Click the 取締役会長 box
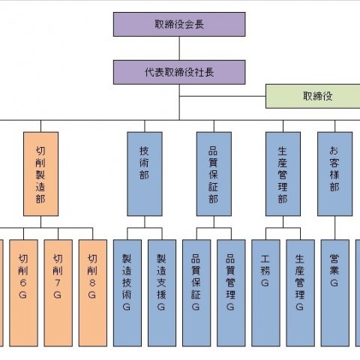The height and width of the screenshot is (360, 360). (179, 24)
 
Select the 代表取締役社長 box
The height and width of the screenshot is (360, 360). (179, 72)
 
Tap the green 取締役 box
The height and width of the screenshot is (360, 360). (313, 96)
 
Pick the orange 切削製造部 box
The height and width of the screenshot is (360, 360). (40, 174)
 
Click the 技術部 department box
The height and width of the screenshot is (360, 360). (145, 174)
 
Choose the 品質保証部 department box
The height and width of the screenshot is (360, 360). (214, 174)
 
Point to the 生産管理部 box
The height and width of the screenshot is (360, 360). (283, 174)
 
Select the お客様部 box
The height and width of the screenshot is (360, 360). (334, 174)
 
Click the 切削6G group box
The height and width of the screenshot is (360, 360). (23, 293)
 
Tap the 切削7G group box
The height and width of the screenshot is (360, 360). (58, 293)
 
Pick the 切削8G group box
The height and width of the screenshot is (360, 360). (93, 293)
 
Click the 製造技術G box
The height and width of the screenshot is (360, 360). (127, 293)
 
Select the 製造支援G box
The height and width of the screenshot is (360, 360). (162, 293)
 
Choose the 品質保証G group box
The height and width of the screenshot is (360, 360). (196, 293)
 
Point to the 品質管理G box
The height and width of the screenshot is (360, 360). (231, 293)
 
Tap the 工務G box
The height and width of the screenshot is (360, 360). (265, 293)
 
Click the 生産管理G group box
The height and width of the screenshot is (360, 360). (300, 293)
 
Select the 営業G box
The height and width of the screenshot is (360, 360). (334, 293)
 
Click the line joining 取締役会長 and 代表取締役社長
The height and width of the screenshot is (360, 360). (179, 48)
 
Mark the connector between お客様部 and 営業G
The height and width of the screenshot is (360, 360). (334, 228)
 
